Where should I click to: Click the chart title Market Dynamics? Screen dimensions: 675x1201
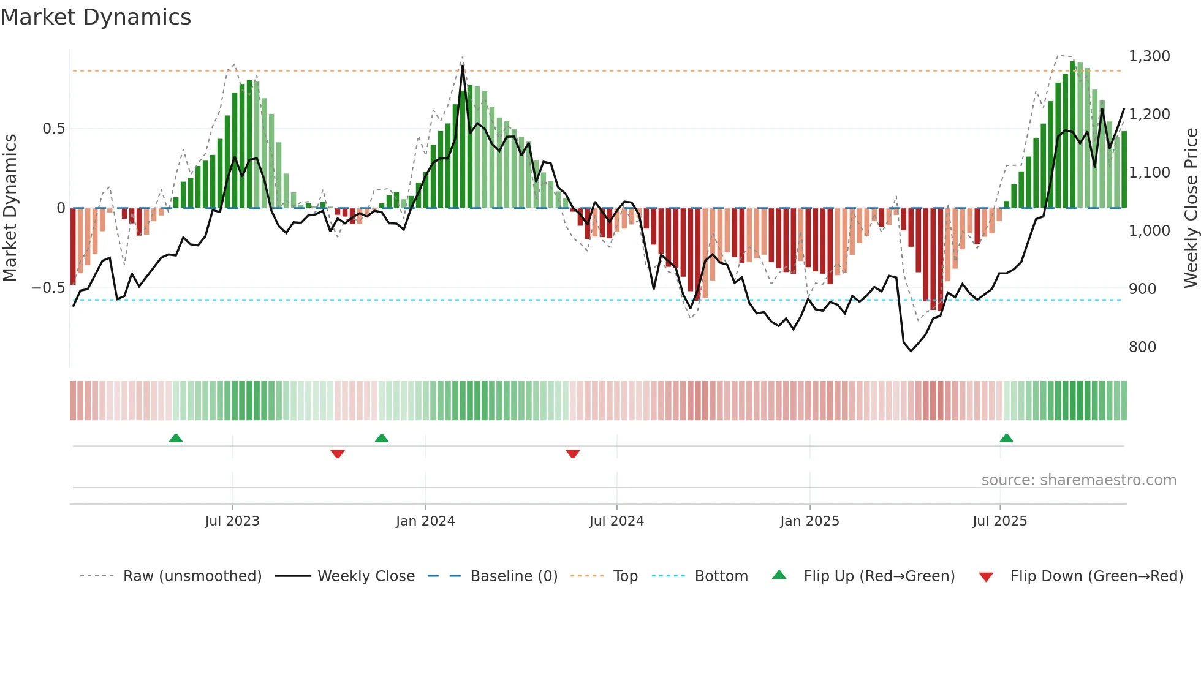[96, 17]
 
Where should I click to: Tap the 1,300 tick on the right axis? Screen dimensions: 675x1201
[1149, 56]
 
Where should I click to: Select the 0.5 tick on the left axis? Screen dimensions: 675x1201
[53, 129]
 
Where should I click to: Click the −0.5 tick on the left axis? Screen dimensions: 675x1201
[48, 288]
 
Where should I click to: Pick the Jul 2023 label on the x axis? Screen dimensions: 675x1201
[232, 521]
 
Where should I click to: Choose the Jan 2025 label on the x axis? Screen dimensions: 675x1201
[809, 521]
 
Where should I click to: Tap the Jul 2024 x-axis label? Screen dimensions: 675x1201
[616, 521]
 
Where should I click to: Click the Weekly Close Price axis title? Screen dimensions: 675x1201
[1191, 208]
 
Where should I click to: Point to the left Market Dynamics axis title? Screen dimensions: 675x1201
[10, 208]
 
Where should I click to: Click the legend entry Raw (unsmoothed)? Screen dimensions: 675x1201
[192, 576]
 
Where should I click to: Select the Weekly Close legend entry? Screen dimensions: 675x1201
[366, 576]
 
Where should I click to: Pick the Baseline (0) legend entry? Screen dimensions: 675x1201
[513, 576]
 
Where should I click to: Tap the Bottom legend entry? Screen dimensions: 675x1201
[721, 576]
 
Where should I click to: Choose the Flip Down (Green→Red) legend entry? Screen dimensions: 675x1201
[1096, 576]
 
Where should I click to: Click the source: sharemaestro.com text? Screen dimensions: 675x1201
[1078, 480]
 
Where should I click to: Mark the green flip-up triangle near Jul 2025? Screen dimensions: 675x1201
[1006, 438]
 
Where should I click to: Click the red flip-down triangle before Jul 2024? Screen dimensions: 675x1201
[573, 454]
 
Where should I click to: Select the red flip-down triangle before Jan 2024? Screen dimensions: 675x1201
[338, 454]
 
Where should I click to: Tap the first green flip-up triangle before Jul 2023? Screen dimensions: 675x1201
[176, 438]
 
